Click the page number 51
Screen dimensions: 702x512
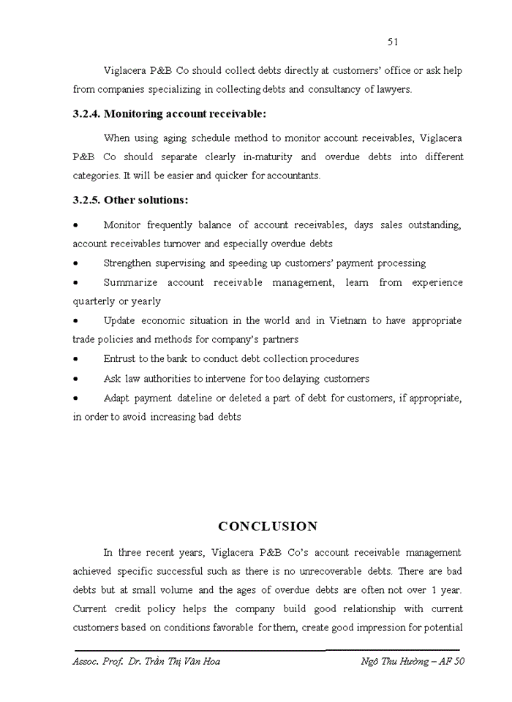393,42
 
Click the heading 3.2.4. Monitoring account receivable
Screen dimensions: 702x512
170,113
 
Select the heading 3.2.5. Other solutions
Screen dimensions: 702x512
130,200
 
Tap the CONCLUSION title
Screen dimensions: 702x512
268,526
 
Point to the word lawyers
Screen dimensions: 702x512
394,90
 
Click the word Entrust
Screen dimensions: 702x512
120,359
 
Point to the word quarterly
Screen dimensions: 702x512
94,301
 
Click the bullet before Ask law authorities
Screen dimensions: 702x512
76,380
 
